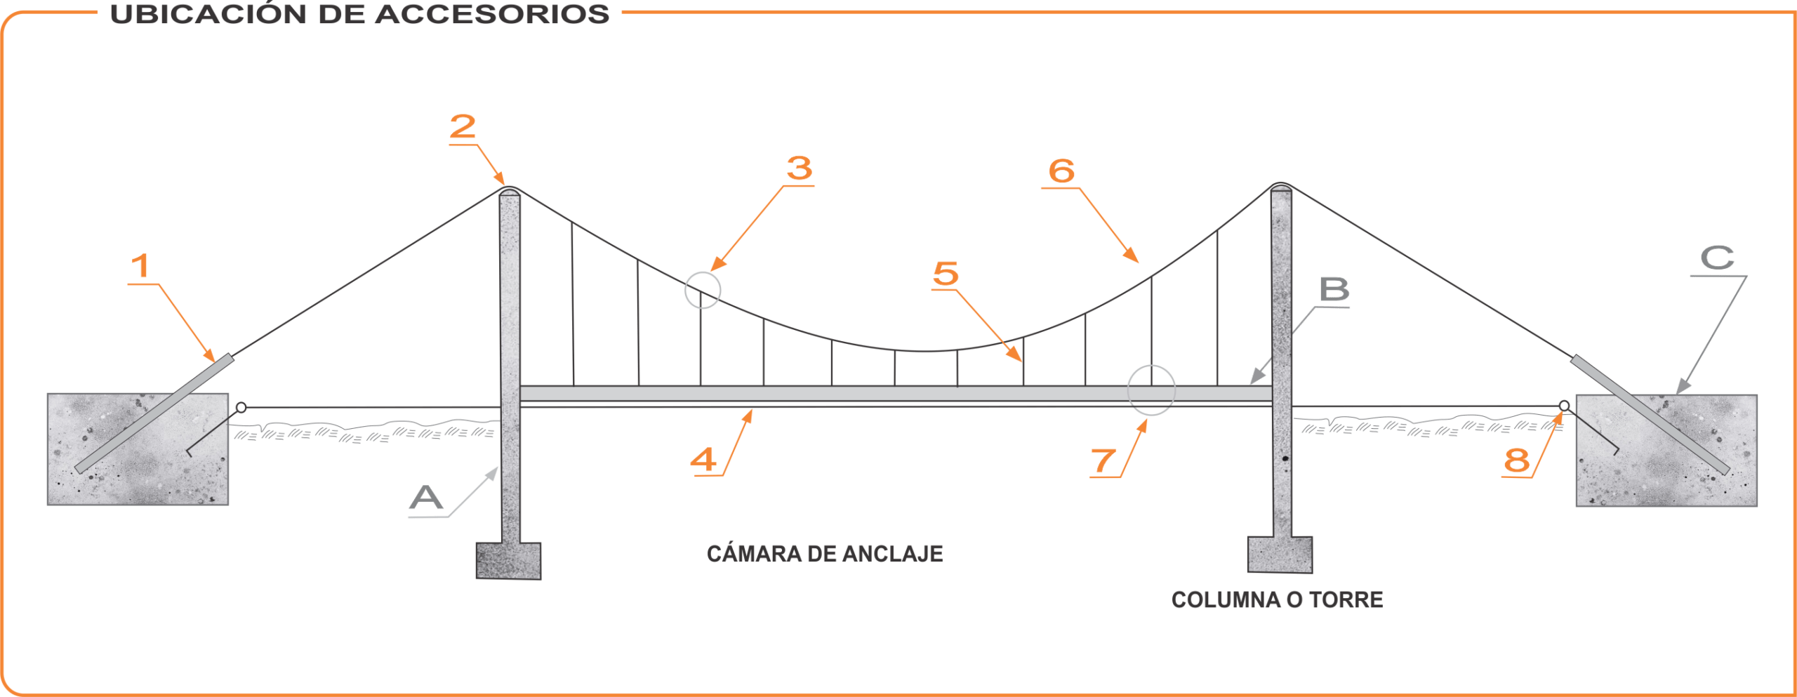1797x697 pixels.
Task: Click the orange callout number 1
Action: pos(141,267)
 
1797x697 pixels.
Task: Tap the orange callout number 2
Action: pos(463,127)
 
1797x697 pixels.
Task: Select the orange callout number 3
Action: pos(800,168)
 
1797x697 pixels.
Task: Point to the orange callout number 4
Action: pos(704,460)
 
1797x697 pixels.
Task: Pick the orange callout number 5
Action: pos(946,274)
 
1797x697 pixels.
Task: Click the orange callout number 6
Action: pos(1061,171)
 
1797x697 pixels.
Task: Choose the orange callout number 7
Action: pos(1103,461)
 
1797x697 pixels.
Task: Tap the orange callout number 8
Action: pos(1516,460)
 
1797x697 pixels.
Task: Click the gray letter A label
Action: pos(426,498)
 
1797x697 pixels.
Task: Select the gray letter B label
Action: pos(1334,289)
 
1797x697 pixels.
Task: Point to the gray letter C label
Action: pos(1717,258)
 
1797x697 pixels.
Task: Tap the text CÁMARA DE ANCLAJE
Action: pos(825,554)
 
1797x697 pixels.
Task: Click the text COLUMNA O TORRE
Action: pos(1277,600)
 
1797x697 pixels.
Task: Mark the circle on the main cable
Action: pos(703,290)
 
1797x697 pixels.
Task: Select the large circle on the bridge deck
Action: pos(1151,390)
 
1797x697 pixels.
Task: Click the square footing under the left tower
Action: pos(508,561)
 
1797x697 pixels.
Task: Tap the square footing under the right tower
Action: pos(1280,555)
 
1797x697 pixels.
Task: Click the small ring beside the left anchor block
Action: pos(241,408)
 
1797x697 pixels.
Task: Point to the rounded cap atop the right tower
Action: pos(1281,186)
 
